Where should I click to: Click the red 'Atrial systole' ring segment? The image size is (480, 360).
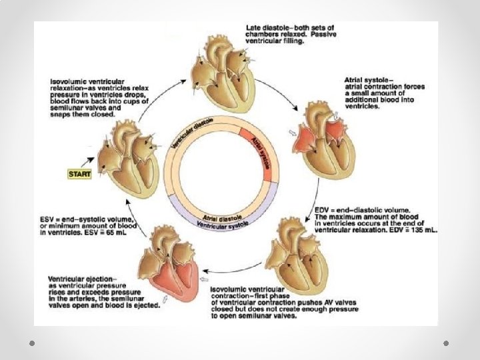[x=261, y=153]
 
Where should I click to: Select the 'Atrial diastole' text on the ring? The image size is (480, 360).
[x=221, y=217]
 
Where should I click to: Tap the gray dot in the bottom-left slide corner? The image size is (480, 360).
[x=31, y=341]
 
